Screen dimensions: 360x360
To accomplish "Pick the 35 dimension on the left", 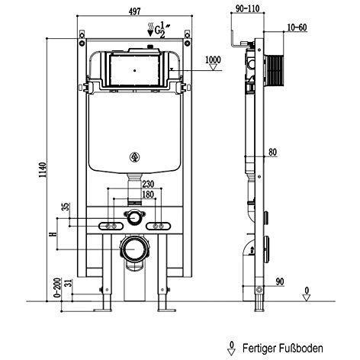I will coord(66,205).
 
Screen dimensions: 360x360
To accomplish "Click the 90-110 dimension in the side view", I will coord(247,8).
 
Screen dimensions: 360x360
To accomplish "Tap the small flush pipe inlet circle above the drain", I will coord(134,218).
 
